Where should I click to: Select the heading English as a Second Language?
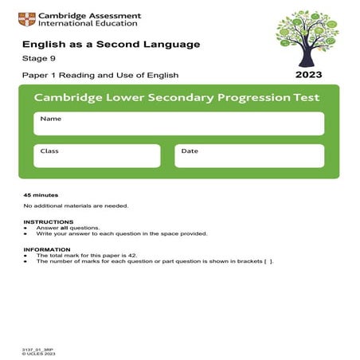coord(111,45)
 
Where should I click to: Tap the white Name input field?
coord(178,123)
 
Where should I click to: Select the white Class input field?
coord(96,155)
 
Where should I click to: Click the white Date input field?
coord(248,155)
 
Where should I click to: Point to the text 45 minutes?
coord(41,195)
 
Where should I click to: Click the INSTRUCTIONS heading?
coord(49,222)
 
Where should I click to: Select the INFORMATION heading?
coord(48,249)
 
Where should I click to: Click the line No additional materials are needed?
coord(76,205)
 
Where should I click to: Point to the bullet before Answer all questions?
coord(26,228)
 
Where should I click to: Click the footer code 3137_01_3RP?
coord(37,349)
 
